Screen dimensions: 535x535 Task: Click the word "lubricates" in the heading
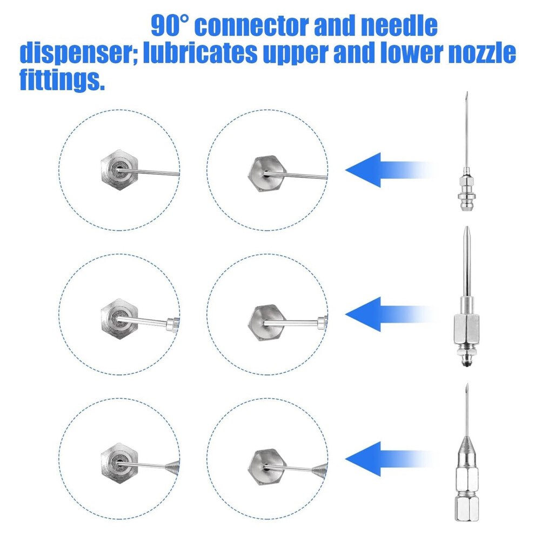click(x=200, y=53)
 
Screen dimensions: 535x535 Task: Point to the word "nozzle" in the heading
click(x=482, y=53)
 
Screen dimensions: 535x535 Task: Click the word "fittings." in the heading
click(x=62, y=80)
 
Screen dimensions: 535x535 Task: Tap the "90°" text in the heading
click(x=169, y=25)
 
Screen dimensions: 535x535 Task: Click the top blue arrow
click(x=389, y=170)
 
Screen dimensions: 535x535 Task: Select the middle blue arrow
click(x=389, y=314)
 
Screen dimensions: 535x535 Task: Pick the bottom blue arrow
click(x=389, y=459)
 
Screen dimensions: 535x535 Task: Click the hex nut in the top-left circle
click(x=119, y=170)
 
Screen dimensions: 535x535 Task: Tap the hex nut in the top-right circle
click(x=266, y=173)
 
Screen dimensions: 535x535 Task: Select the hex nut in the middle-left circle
click(x=119, y=319)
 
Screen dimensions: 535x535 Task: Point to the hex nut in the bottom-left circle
click(x=119, y=463)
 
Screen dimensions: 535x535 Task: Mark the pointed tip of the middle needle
click(x=467, y=227)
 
